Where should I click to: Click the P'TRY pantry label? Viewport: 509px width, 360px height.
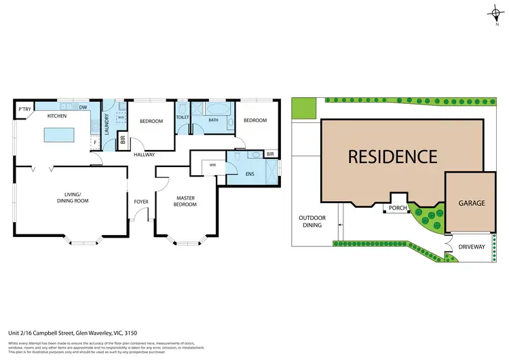click(24, 109)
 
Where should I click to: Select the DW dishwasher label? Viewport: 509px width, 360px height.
click(83, 107)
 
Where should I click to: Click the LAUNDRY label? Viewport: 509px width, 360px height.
click(107, 124)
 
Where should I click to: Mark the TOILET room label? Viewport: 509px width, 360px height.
click(183, 117)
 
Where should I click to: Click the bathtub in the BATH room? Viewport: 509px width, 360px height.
click(218, 109)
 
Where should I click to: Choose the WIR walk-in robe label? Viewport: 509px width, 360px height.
click(212, 164)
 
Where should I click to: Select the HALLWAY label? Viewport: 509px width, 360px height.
click(144, 155)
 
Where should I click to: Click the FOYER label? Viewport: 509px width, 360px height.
click(141, 201)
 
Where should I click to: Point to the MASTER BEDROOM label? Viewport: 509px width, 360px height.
click(185, 201)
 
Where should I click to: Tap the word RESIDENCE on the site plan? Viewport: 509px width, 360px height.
click(392, 156)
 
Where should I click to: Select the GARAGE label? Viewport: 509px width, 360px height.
click(470, 202)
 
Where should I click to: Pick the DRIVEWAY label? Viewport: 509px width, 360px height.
click(471, 247)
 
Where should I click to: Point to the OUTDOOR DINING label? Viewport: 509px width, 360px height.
click(312, 221)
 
